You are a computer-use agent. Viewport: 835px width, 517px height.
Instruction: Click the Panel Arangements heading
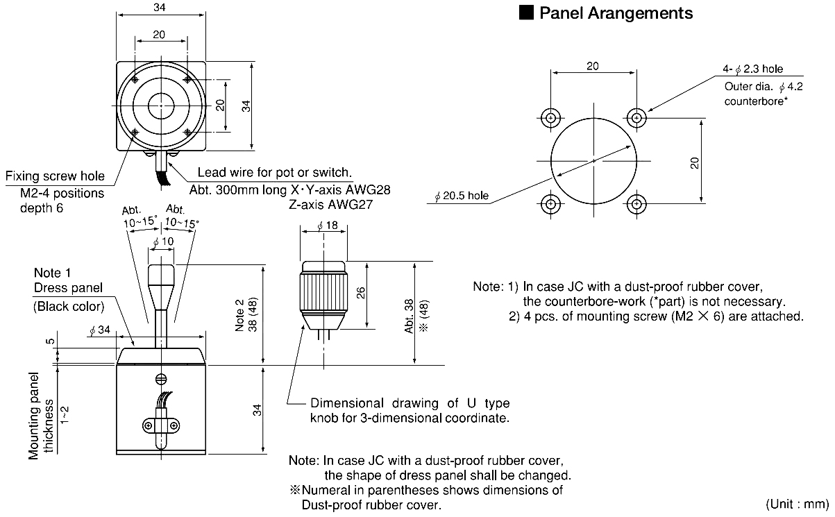(616, 12)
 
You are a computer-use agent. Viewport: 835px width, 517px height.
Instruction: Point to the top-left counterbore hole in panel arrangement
(550, 118)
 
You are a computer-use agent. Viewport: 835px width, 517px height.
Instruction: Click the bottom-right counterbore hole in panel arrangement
(636, 204)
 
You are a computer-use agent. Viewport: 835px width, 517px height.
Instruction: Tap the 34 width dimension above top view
(161, 8)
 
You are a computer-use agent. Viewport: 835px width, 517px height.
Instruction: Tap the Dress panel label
(68, 287)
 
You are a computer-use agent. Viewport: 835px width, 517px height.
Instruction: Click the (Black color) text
(68, 306)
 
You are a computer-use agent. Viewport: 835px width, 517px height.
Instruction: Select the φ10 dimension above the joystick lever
(164, 241)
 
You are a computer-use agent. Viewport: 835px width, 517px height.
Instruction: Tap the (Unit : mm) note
(797, 503)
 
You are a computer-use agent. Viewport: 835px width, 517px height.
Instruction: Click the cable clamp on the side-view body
(160, 424)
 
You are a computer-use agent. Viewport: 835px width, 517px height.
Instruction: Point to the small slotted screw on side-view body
(160, 379)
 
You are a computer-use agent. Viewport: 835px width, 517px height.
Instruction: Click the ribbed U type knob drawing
(323, 291)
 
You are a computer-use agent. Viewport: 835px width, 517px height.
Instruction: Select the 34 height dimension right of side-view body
(258, 409)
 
